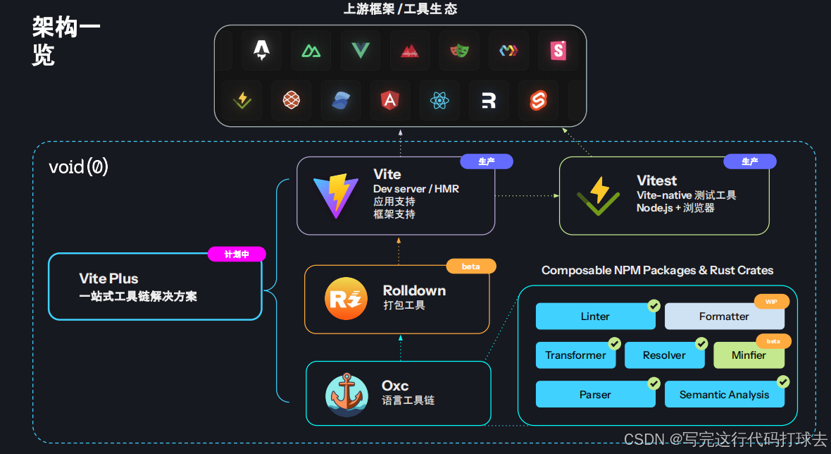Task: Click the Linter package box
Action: tap(595, 317)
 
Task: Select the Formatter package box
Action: tap(724, 317)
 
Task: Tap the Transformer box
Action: tap(575, 355)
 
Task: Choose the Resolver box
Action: tap(664, 355)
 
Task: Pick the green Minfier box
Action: tap(748, 355)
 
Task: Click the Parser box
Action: tap(595, 395)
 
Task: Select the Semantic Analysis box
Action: tap(724, 395)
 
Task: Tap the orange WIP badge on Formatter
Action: tap(772, 302)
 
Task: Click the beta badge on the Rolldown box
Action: tap(471, 266)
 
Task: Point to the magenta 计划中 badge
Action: tap(237, 254)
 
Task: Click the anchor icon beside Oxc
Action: tap(346, 395)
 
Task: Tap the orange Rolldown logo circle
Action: tap(346, 298)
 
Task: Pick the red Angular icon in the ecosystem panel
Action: tap(389, 101)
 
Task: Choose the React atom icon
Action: tap(439, 101)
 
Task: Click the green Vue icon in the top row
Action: tap(361, 50)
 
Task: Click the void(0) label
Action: tap(78, 167)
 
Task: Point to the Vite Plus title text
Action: tap(108, 278)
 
